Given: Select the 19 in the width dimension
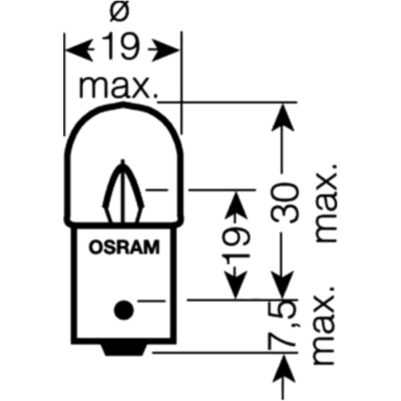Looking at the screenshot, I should [x=122, y=48].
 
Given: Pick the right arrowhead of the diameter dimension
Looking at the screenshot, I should [x=170, y=48].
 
